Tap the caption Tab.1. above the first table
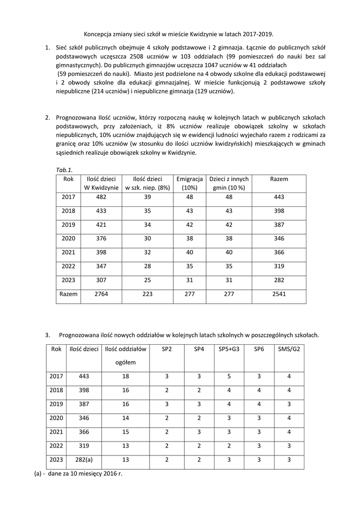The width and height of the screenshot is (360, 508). click(x=65, y=169)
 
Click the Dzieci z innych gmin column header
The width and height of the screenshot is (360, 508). click(x=229, y=183)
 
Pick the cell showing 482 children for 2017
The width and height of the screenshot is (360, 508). click(x=101, y=197)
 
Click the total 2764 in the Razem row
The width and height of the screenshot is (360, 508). click(x=101, y=294)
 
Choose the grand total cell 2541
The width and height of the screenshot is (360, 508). click(x=279, y=294)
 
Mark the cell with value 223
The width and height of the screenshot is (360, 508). click(x=147, y=294)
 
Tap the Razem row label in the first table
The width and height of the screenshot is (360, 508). click(x=69, y=294)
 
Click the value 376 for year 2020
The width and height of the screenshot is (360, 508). click(x=101, y=238)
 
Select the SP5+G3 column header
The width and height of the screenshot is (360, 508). click(x=229, y=349)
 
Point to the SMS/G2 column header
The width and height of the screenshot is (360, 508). click(x=289, y=349)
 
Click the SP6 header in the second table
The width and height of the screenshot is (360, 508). click(x=259, y=349)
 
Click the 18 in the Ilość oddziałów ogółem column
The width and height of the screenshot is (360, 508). click(x=126, y=376)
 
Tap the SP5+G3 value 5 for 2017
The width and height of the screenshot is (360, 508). click(x=229, y=376)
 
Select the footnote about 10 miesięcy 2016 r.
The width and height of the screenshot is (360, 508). click(x=78, y=473)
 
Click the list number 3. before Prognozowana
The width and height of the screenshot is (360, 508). click(x=48, y=335)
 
